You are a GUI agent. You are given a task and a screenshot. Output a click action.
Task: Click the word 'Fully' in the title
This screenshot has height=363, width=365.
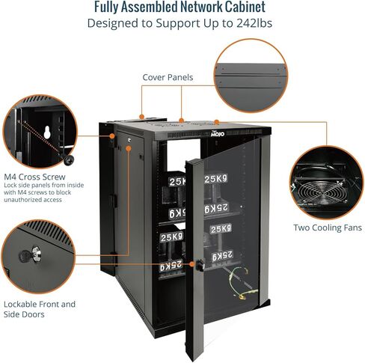tap(111, 8)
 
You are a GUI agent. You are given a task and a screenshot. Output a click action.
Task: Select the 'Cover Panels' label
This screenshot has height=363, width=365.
tap(168, 77)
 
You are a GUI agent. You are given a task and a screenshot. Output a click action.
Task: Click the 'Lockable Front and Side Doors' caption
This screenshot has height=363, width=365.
tap(40, 310)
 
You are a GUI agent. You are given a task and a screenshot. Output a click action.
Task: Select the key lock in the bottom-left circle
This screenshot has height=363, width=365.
tap(34, 255)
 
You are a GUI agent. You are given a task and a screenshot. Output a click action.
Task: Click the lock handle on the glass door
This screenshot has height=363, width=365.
tap(200, 263)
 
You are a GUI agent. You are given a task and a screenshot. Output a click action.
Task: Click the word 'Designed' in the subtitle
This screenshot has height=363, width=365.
tap(114, 23)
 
